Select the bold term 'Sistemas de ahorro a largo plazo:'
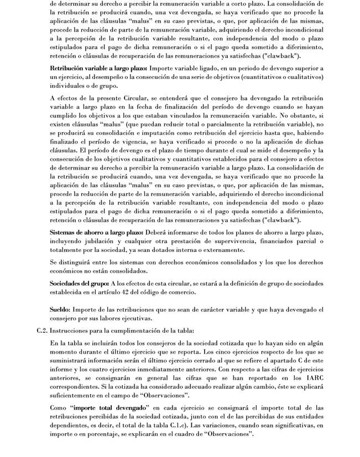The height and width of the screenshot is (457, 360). [x=96, y=232]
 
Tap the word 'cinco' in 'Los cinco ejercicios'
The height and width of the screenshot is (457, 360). [x=239, y=352]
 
